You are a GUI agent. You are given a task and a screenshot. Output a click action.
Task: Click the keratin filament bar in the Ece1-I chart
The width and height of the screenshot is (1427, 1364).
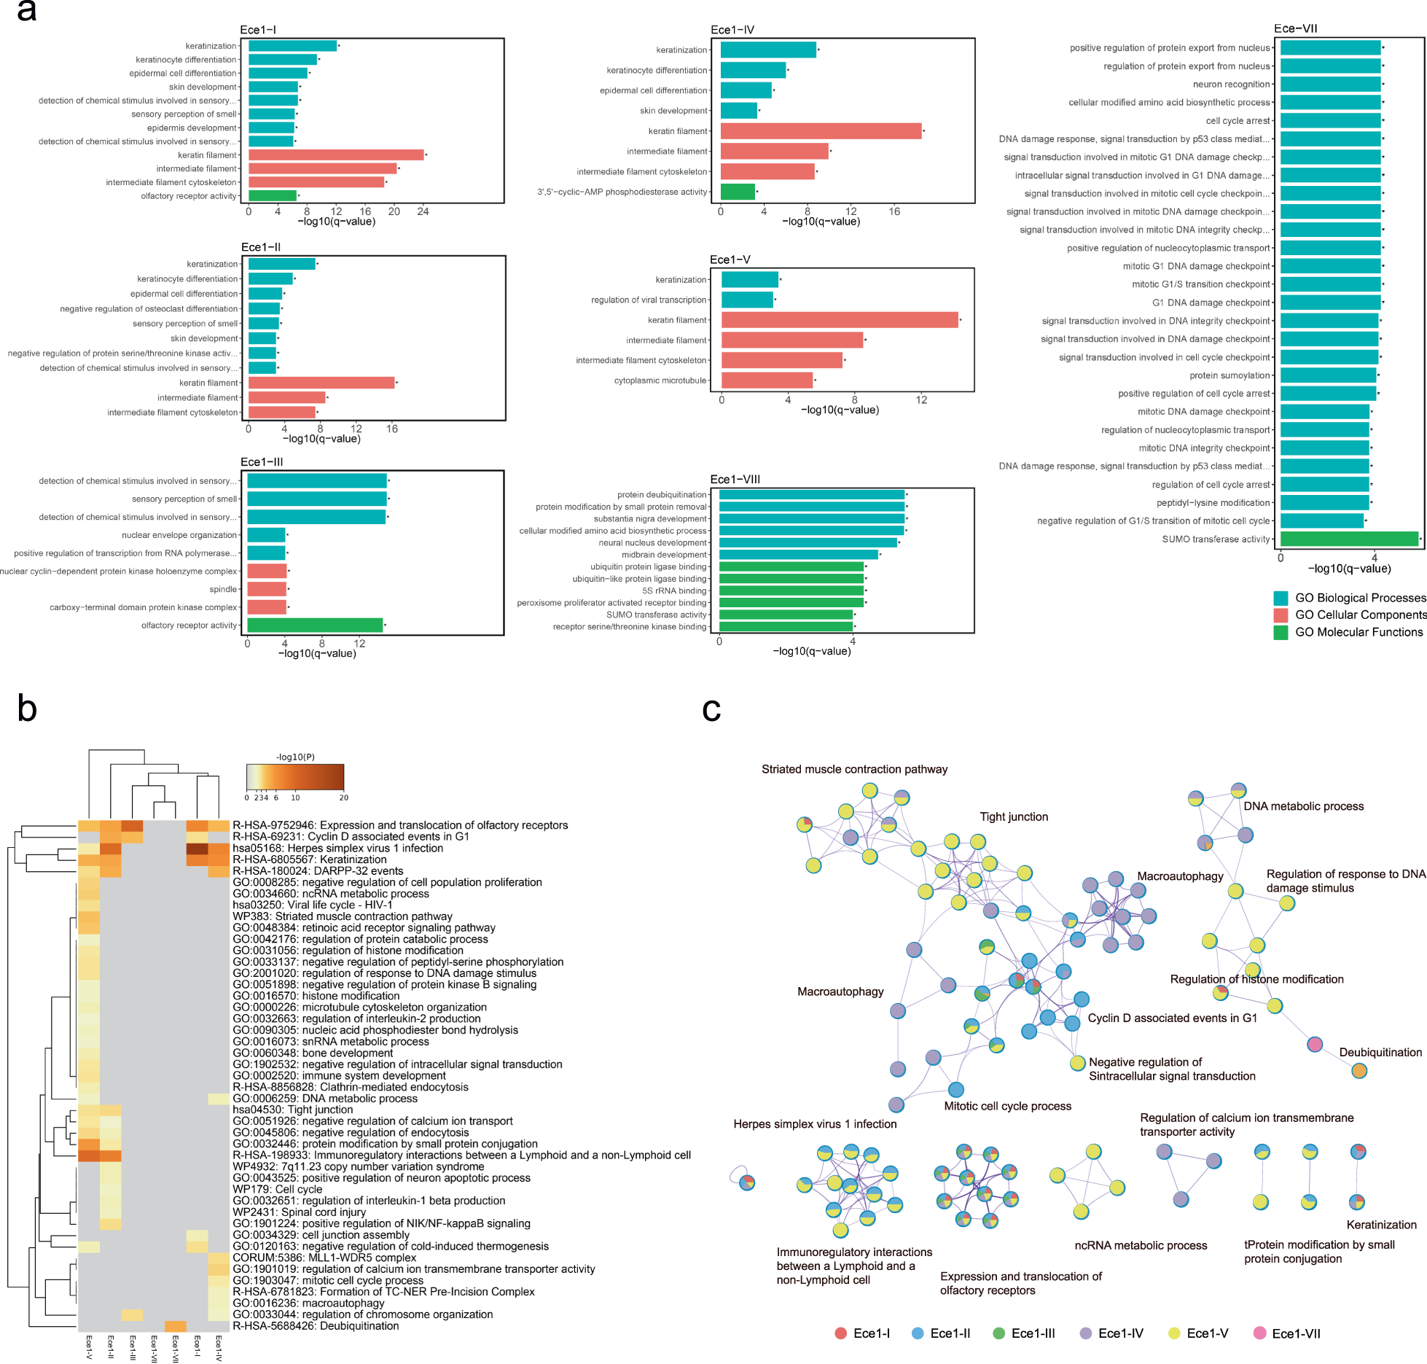click(336, 155)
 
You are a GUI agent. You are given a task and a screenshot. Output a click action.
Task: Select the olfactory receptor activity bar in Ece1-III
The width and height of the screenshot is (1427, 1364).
click(315, 625)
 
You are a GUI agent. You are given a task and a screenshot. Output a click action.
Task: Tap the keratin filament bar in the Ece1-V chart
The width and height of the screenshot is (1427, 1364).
click(840, 319)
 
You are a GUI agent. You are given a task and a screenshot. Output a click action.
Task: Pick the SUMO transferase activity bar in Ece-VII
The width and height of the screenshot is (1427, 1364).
click(1349, 539)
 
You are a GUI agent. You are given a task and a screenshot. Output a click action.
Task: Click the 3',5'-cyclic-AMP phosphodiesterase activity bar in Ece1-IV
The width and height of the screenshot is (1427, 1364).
click(738, 192)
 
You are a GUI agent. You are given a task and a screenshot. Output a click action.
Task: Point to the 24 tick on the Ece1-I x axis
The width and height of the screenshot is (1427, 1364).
click(423, 211)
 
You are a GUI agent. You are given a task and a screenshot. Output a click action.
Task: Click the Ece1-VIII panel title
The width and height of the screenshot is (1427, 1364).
click(735, 479)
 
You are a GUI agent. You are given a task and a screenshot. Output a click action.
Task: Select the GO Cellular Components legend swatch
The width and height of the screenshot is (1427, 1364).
click(1281, 615)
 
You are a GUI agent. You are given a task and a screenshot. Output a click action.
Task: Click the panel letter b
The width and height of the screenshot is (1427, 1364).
click(27, 708)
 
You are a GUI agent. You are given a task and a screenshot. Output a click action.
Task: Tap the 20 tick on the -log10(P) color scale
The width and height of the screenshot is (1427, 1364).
click(343, 798)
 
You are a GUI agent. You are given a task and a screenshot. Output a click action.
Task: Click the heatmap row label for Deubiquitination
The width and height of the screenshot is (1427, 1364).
click(315, 1325)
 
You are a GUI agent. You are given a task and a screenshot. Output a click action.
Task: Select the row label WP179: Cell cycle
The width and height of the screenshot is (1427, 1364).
click(277, 1189)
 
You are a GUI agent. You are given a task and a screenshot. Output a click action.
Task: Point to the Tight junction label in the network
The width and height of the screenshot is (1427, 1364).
click(1013, 817)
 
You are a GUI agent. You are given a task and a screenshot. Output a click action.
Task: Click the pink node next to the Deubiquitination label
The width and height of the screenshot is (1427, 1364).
click(1314, 1045)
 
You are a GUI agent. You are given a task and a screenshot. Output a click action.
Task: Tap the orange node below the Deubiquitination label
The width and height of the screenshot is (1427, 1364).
click(1358, 1071)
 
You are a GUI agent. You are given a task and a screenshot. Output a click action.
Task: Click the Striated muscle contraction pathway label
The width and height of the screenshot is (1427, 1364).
click(854, 769)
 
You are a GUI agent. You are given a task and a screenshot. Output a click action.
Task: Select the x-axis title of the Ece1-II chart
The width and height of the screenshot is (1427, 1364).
click(321, 439)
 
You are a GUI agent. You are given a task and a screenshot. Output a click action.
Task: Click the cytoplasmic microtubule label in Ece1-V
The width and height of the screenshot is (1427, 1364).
click(660, 381)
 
